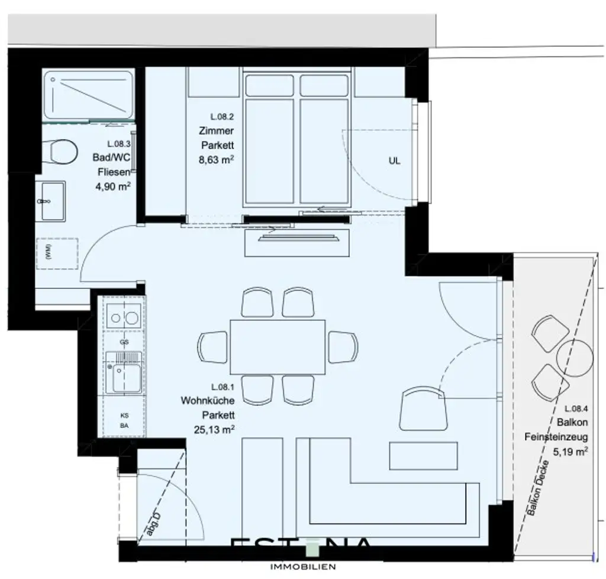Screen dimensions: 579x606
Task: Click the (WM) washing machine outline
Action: point(57,255)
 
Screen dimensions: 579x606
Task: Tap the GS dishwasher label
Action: point(124,342)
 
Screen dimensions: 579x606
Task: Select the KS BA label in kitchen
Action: point(124,420)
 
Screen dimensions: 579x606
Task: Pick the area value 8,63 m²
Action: point(214,158)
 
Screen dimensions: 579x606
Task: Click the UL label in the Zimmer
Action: point(394,160)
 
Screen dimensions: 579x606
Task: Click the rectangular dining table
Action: point(278,346)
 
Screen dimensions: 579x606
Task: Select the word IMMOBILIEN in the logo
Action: point(302,567)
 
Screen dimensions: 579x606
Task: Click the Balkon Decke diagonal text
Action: point(540,488)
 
